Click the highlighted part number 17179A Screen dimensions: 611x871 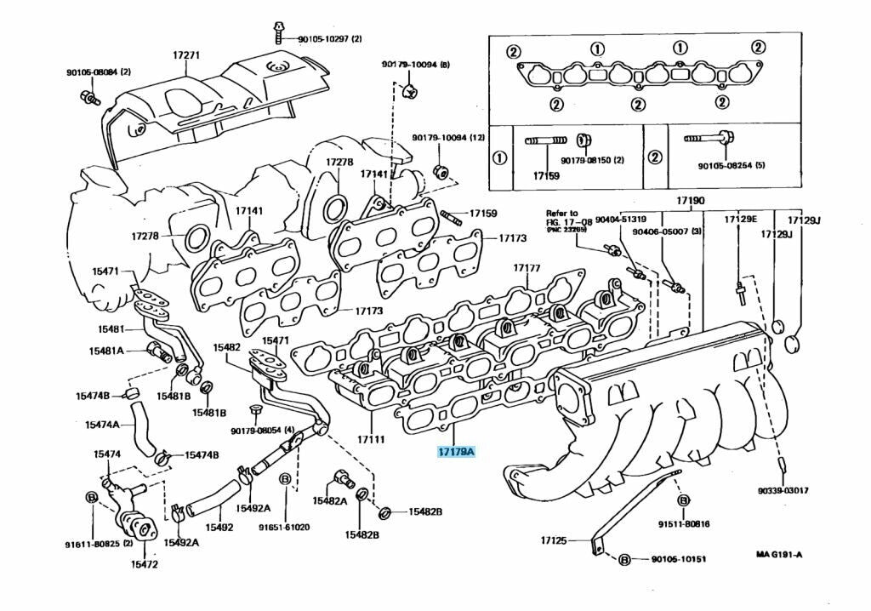pos(456,452)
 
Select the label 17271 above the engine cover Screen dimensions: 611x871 pos(186,55)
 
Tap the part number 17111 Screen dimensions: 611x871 pos(371,440)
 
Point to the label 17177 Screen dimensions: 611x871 pos(527,268)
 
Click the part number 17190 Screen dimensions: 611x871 pos(691,202)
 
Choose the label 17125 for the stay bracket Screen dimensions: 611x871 pos(554,540)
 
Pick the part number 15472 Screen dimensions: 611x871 pos(144,563)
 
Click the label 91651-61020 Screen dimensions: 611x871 pos(285,527)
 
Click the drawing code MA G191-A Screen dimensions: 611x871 pos(779,555)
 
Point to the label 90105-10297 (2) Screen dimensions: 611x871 pos(329,39)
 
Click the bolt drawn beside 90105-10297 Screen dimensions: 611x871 pos(277,33)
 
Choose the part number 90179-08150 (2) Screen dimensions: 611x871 pos(592,160)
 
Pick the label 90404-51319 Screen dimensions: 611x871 pos(621,220)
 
